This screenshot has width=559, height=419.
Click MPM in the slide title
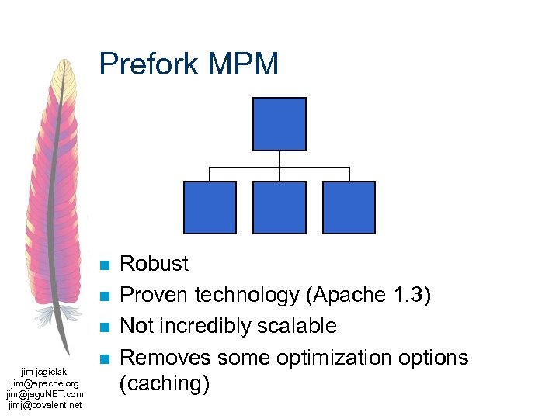coord(246,64)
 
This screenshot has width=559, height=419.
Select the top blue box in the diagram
coord(279,124)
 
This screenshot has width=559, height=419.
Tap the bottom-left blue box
coord(210,207)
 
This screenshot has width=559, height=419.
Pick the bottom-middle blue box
coord(279,207)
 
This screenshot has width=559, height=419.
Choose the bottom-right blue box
coord(349,207)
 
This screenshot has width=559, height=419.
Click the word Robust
coord(154,264)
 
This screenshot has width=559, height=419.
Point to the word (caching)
coord(164,384)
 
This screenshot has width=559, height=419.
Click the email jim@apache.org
coord(44,383)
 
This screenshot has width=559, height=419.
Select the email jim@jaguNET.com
coord(44,394)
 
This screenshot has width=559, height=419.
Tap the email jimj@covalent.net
coord(44,405)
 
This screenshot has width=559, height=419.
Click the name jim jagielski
coord(44,372)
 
